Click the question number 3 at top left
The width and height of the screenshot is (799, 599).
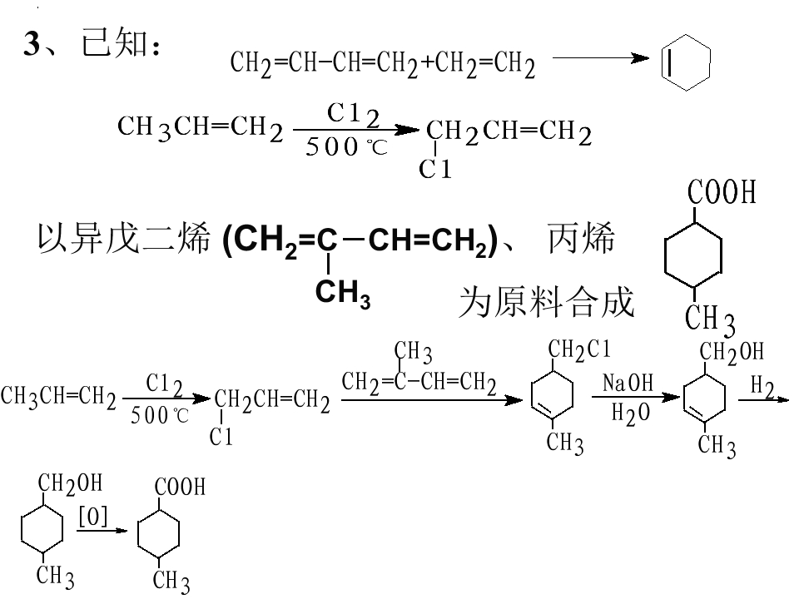31,43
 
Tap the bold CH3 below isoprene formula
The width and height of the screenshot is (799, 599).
342,293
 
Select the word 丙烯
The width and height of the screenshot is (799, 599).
581,239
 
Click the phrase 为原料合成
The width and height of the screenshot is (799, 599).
546,302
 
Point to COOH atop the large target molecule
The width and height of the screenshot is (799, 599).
721,192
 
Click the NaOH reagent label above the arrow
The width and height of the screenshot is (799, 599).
628,383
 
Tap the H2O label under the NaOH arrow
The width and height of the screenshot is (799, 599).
631,413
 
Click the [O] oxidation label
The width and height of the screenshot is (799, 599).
93,517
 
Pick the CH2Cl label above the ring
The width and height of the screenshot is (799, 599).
579,350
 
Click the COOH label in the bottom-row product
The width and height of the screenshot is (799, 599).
180,487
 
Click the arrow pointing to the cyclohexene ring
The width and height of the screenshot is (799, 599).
601,58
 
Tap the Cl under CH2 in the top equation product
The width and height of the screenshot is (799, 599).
435,169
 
